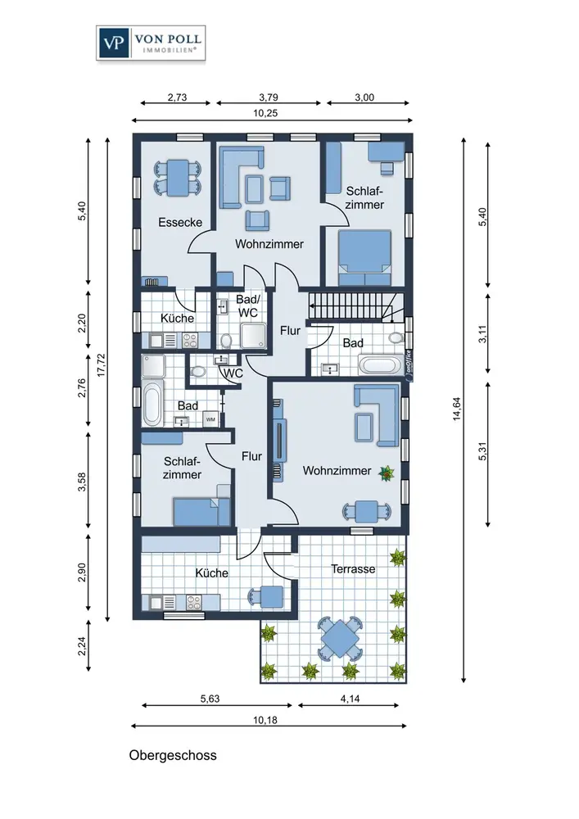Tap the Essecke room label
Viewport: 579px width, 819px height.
[180, 223]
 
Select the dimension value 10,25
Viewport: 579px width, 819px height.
[265, 113]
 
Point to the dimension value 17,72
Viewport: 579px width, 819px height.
[102, 365]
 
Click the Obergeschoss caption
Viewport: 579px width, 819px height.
[173, 755]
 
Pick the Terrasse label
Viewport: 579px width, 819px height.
[353, 569]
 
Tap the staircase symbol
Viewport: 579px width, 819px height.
[356, 305]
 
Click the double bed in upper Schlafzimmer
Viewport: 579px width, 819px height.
[364, 257]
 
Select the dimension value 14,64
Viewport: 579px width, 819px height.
[457, 409]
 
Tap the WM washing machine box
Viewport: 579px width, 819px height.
[211, 419]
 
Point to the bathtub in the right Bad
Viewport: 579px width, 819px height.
[381, 364]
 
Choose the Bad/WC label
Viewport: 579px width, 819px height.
[247, 306]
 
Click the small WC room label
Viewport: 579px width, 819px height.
[233, 373]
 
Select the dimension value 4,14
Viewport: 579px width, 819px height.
[350, 699]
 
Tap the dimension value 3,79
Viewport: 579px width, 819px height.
[269, 97]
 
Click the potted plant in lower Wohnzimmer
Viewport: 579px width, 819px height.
[387, 473]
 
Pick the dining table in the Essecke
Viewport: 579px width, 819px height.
[178, 178]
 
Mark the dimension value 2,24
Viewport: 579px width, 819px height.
[81, 647]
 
